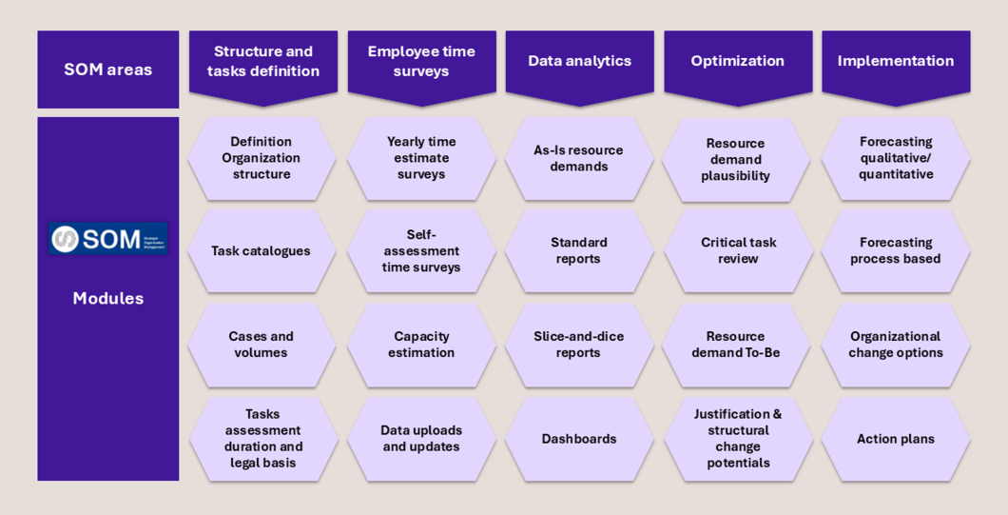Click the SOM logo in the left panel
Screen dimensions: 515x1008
coord(107,239)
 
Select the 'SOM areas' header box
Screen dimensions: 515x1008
coord(107,69)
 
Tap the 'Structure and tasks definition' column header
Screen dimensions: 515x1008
coord(262,62)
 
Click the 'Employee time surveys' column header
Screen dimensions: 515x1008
coord(421,62)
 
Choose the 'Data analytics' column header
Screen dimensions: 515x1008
coord(579,61)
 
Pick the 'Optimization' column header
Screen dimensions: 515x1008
coord(737,61)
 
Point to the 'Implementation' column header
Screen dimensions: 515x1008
coord(895,61)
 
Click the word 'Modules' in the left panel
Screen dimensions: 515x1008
coord(107,298)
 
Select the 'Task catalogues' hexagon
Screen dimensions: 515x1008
coord(262,251)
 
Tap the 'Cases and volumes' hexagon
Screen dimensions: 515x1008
coord(262,345)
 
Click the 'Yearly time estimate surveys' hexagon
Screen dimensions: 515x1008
coord(421,158)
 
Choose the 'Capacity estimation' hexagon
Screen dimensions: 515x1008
coord(421,345)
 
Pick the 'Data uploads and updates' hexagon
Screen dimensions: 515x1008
coord(421,439)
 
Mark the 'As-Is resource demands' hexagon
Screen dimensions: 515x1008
coord(578,158)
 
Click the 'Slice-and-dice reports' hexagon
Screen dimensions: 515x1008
coord(578,345)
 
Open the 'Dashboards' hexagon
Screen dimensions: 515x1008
coord(578,439)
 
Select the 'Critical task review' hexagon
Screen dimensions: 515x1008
coord(738,250)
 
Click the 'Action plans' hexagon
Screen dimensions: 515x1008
coord(895,439)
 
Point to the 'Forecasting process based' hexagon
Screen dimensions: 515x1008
coord(895,250)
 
